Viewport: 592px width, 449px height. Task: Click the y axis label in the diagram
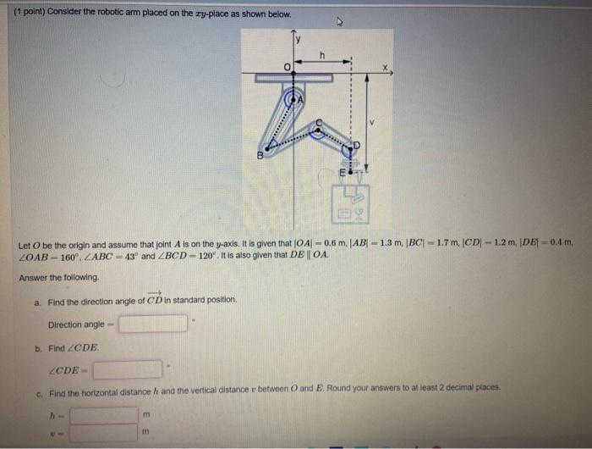(298, 38)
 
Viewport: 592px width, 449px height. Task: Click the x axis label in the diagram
(384, 66)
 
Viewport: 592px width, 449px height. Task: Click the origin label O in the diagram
(287, 66)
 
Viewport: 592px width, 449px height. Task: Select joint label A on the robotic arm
(298, 99)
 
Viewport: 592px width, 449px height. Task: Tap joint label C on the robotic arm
(319, 124)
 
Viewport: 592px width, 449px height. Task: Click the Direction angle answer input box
(153, 324)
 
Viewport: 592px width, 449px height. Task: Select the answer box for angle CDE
(128, 369)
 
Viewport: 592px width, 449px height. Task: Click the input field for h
(103, 415)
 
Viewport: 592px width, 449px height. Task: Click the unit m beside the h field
(146, 415)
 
